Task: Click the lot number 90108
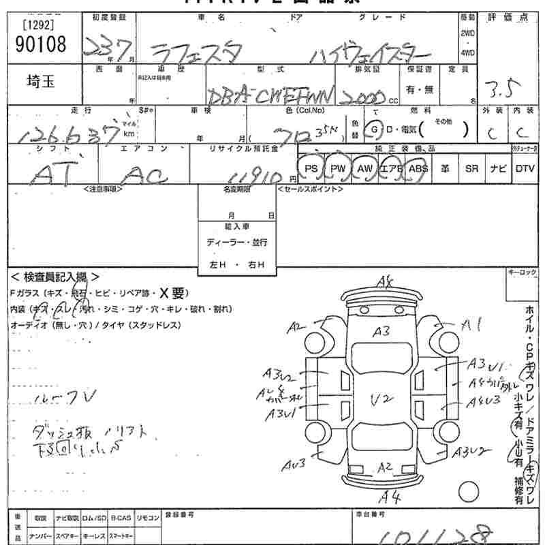coord(40,45)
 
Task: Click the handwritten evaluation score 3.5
coord(503,87)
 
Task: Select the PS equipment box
coord(311,168)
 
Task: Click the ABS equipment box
coord(418,168)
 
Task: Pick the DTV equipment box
coord(525,168)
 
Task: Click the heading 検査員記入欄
coord(55,277)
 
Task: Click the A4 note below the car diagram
coord(390,495)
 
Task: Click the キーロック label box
coord(521,272)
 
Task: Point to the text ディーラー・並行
coord(237,243)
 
